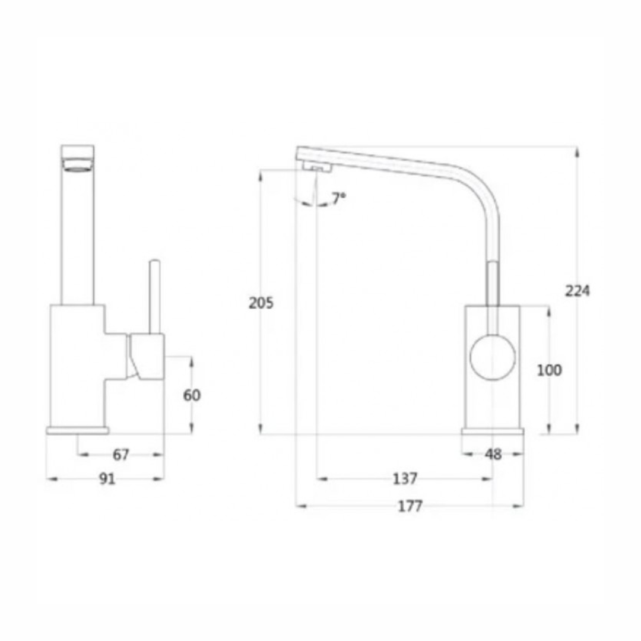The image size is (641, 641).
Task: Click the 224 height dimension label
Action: coord(577,291)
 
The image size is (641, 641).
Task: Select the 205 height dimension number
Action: coord(261,303)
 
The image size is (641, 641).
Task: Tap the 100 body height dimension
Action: coord(549,370)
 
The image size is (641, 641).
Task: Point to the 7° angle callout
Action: coord(338,198)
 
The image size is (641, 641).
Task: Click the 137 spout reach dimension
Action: coord(405,478)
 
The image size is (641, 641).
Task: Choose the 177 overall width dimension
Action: coord(410,506)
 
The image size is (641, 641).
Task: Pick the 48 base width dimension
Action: coord(493,455)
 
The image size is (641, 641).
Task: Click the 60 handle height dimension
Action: coord(192,395)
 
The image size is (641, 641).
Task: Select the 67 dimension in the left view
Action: coord(120,455)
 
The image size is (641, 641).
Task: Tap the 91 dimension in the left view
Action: coord(107,479)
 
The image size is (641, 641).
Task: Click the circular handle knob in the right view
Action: coord(493,357)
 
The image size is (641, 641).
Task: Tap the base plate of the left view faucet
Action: coord(77,430)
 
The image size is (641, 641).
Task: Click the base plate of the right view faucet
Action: coord(493,430)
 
